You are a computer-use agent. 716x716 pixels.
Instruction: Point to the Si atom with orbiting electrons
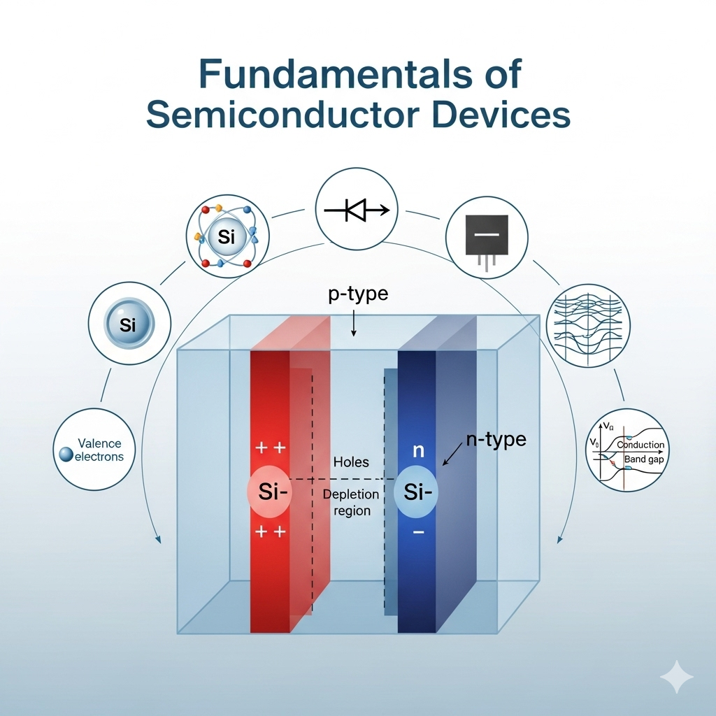coord(226,238)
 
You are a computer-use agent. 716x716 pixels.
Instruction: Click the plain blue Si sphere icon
coord(129,324)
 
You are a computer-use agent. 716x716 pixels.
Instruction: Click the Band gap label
coord(645,459)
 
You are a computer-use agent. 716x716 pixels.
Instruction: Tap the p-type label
coord(358,294)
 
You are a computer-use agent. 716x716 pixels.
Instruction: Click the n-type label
coord(496,440)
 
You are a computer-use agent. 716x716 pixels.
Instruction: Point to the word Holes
coord(351,462)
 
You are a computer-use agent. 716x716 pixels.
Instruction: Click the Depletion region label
coord(351,502)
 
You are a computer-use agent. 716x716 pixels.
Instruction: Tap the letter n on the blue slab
coord(418,451)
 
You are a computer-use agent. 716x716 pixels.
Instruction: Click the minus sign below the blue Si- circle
coord(418,533)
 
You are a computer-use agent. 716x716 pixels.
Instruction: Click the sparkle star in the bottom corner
coord(676,676)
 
